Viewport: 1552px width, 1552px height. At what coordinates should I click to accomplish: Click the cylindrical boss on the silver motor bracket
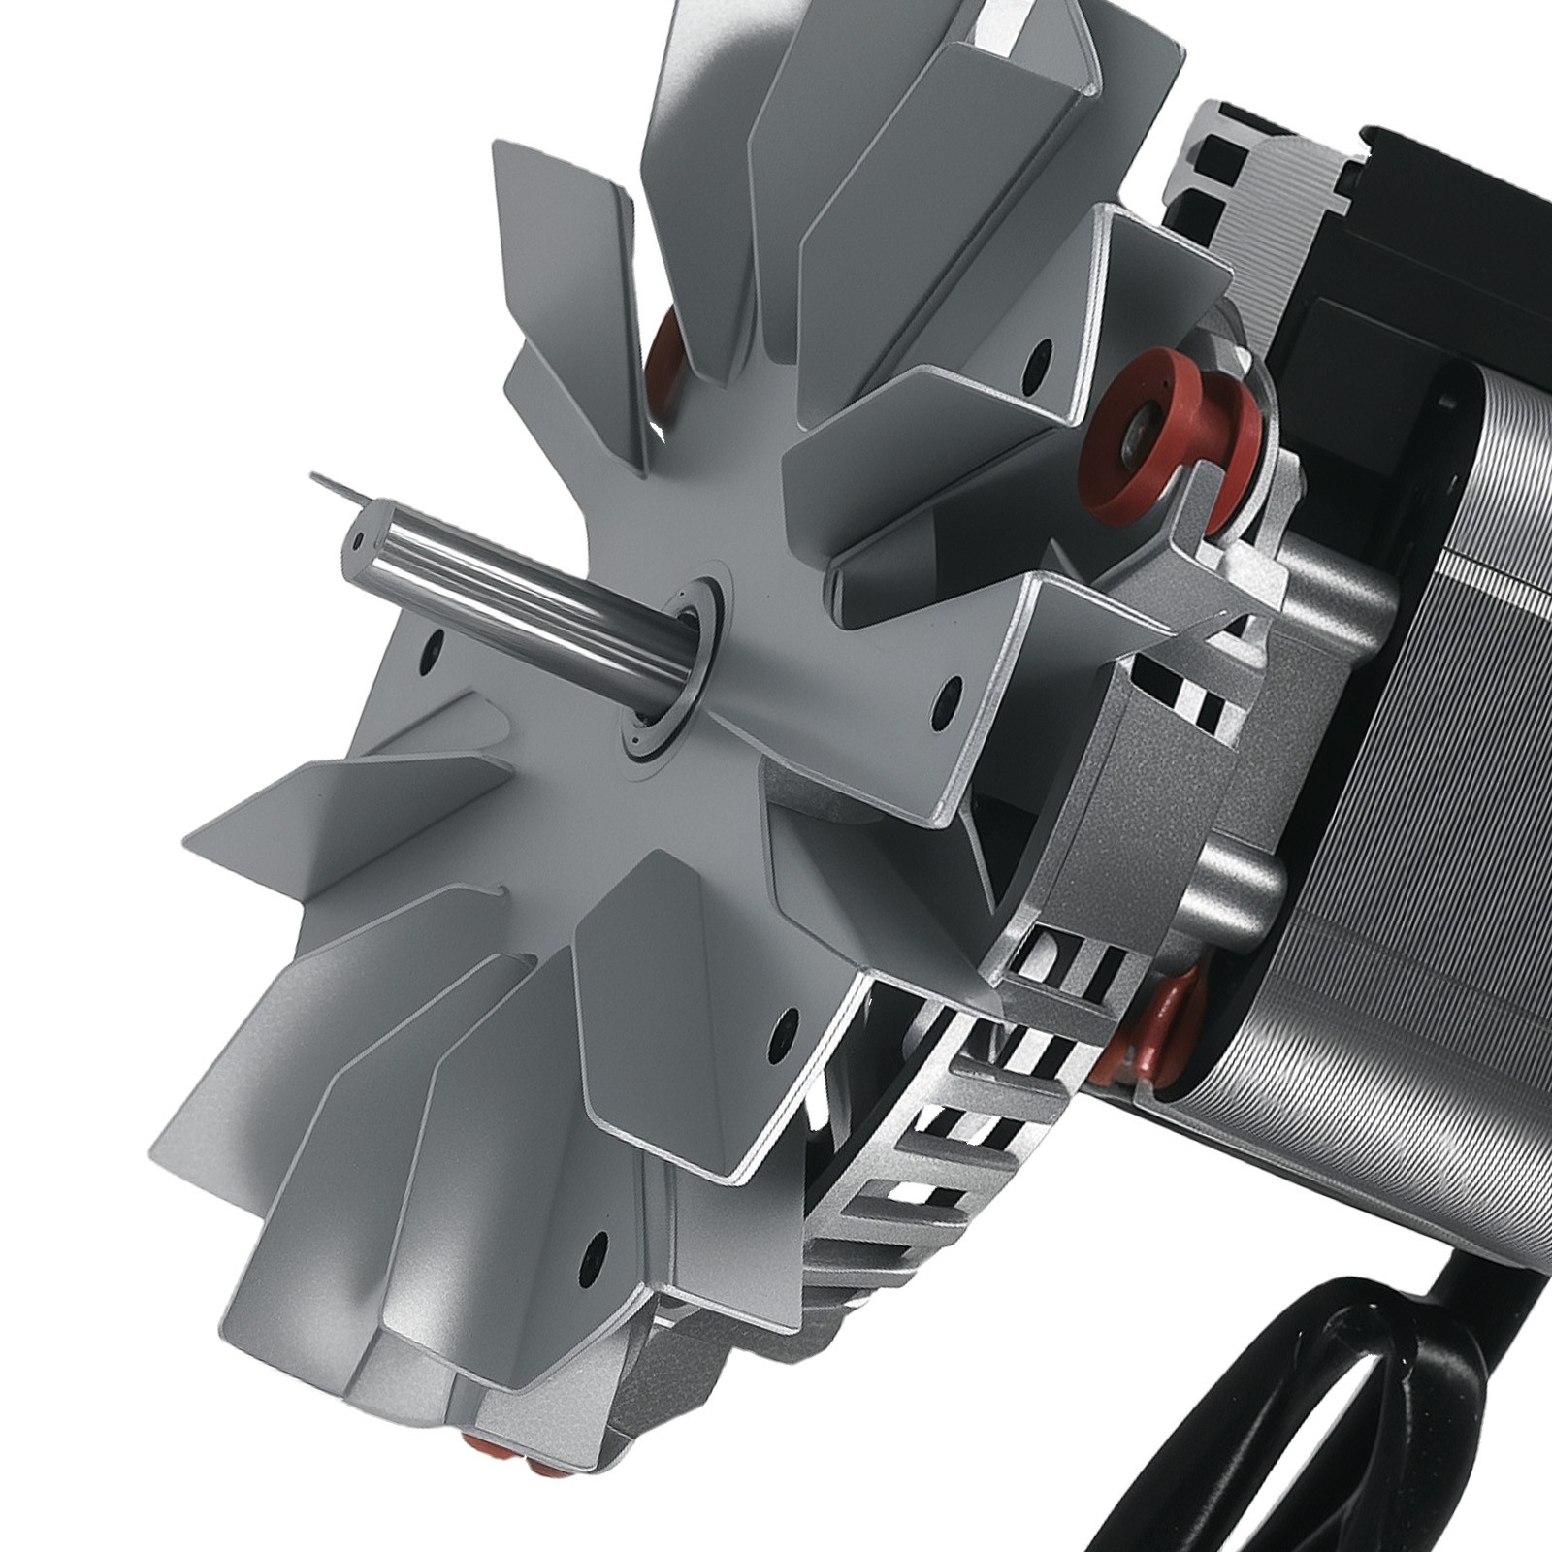(x=1251, y=873)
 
